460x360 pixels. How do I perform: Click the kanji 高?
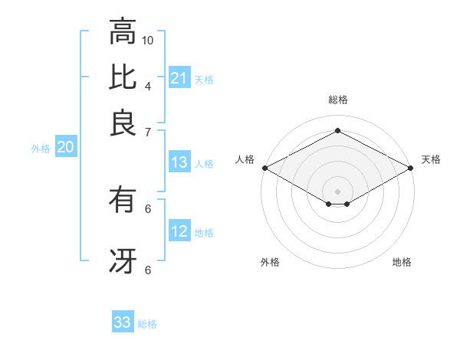[x=123, y=32]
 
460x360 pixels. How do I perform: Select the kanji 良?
[x=123, y=122]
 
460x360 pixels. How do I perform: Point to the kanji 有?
[x=123, y=201]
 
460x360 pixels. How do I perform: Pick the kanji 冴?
[x=123, y=260]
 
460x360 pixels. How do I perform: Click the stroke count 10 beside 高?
[x=148, y=40]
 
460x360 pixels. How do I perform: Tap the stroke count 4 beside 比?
[x=148, y=85]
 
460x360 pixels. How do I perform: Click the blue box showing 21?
[x=179, y=78]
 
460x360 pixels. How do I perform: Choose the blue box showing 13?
[x=179, y=162]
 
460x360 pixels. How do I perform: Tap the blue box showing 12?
[x=179, y=231]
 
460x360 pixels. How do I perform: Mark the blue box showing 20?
[x=65, y=148]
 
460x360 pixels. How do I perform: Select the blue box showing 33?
[x=123, y=322]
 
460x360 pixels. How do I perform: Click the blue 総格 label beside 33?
[x=147, y=324]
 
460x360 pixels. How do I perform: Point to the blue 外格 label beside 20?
[x=41, y=149]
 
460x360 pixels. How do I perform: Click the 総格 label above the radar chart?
[x=337, y=100]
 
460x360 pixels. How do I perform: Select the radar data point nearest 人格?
[x=264, y=168]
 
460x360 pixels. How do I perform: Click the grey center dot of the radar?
[x=337, y=190]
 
